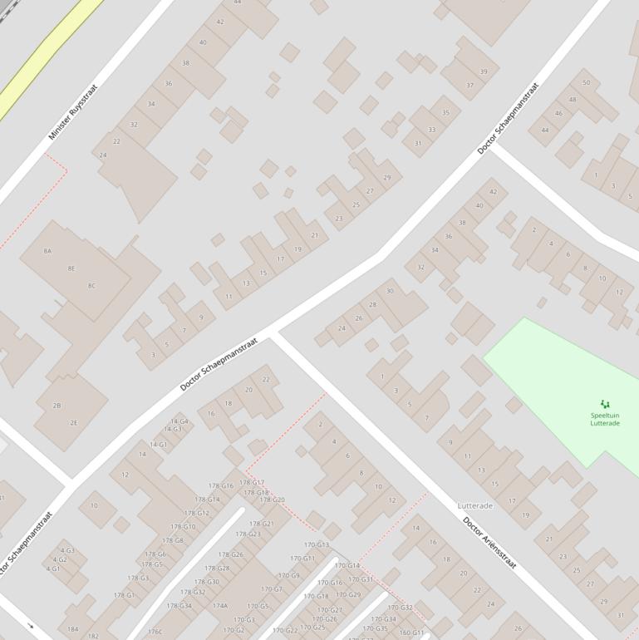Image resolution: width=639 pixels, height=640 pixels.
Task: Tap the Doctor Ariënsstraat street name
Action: pyautogui.click(x=489, y=543)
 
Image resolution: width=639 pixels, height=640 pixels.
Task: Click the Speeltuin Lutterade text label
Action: pyautogui.click(x=605, y=419)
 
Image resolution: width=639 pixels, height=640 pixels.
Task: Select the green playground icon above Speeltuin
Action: pyautogui.click(x=605, y=404)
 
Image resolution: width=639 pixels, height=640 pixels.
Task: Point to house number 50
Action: pyautogui.click(x=586, y=82)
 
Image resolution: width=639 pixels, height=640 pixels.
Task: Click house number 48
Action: pyautogui.click(x=573, y=100)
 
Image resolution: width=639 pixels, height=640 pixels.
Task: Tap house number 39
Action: pyautogui.click(x=484, y=71)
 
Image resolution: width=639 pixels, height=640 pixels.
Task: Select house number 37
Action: pyautogui.click(x=469, y=86)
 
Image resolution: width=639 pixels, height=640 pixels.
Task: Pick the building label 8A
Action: pyautogui.click(x=47, y=250)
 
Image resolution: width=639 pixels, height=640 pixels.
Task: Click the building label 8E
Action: pyautogui.click(x=71, y=268)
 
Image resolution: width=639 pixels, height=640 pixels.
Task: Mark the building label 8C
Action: pyautogui.click(x=91, y=285)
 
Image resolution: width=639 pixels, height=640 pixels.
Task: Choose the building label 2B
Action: pyautogui.click(x=57, y=406)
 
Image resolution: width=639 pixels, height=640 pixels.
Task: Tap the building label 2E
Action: pyautogui.click(x=74, y=423)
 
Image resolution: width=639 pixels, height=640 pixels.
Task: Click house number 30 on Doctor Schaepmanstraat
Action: pyautogui.click(x=390, y=291)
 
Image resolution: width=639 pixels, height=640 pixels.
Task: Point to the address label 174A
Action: pyautogui.click(x=219, y=606)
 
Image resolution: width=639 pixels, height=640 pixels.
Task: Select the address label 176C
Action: pyautogui.click(x=155, y=632)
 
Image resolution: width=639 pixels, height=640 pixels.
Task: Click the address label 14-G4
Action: pyautogui.click(x=179, y=421)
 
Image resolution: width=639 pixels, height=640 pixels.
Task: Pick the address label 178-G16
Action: pyautogui.click(x=221, y=485)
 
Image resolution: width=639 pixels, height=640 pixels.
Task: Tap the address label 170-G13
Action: pyautogui.click(x=317, y=545)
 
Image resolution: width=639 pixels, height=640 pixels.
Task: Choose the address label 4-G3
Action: pyautogui.click(x=66, y=550)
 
